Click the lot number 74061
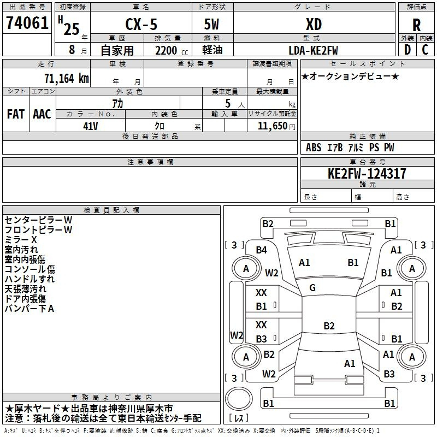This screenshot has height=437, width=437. (x=27, y=22)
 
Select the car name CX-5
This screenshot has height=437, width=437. (x=141, y=24)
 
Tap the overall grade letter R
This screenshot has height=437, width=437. (x=416, y=25)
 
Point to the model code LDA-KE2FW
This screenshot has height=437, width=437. (x=313, y=50)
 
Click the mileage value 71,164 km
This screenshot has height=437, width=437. (x=67, y=78)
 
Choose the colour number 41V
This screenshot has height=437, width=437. (x=91, y=126)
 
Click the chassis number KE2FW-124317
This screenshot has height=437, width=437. (x=367, y=174)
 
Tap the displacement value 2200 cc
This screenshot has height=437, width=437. (x=172, y=50)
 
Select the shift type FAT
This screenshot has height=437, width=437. (x=16, y=114)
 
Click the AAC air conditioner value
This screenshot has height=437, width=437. (x=42, y=114)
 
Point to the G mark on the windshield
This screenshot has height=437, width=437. (x=312, y=287)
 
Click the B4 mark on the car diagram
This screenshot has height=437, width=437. (x=262, y=250)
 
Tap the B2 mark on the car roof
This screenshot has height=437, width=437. (x=329, y=326)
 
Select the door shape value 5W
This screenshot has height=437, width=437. (x=211, y=24)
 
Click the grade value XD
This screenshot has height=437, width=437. (x=314, y=24)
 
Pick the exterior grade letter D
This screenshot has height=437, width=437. (x=408, y=50)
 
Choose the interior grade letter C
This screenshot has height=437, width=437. (x=425, y=50)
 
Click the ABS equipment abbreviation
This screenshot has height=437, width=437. (x=314, y=147)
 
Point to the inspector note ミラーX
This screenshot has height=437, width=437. (x=21, y=240)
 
